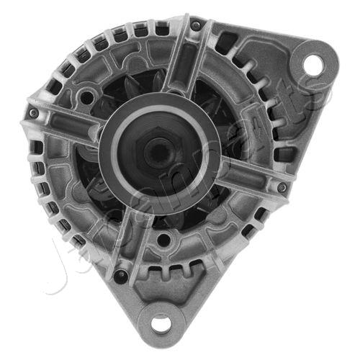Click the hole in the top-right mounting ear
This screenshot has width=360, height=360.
point(312,64)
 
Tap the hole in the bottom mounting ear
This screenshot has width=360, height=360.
point(163,323)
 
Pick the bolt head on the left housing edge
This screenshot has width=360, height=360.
point(33,114)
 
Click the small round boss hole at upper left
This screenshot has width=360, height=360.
point(87,96)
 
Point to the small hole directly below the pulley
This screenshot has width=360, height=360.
point(164,238)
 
